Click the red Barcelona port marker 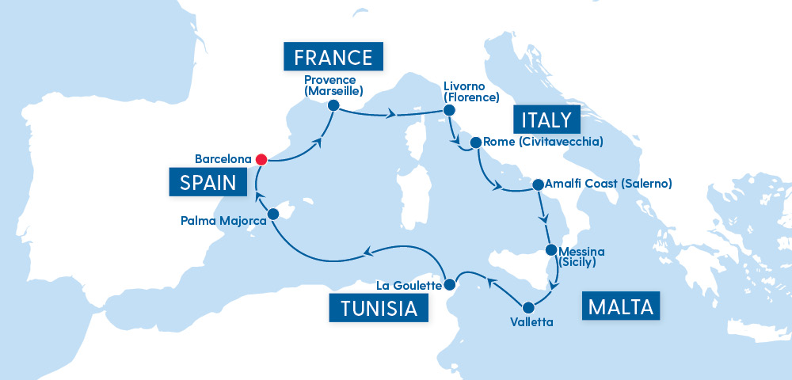tap(260, 159)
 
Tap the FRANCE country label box tap(333, 57)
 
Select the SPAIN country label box tap(208, 183)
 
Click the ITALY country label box tap(546, 120)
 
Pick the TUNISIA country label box tap(379, 308)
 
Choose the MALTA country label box tap(621, 306)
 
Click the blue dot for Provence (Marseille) tap(333, 105)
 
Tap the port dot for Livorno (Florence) tap(447, 112)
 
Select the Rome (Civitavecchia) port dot tap(476, 143)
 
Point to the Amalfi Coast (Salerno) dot tap(538, 184)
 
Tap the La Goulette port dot tap(449, 284)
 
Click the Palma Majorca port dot tap(273, 214)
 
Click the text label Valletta tap(527, 322)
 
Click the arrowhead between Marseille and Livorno tap(390, 116)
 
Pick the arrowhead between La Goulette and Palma tap(367, 253)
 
